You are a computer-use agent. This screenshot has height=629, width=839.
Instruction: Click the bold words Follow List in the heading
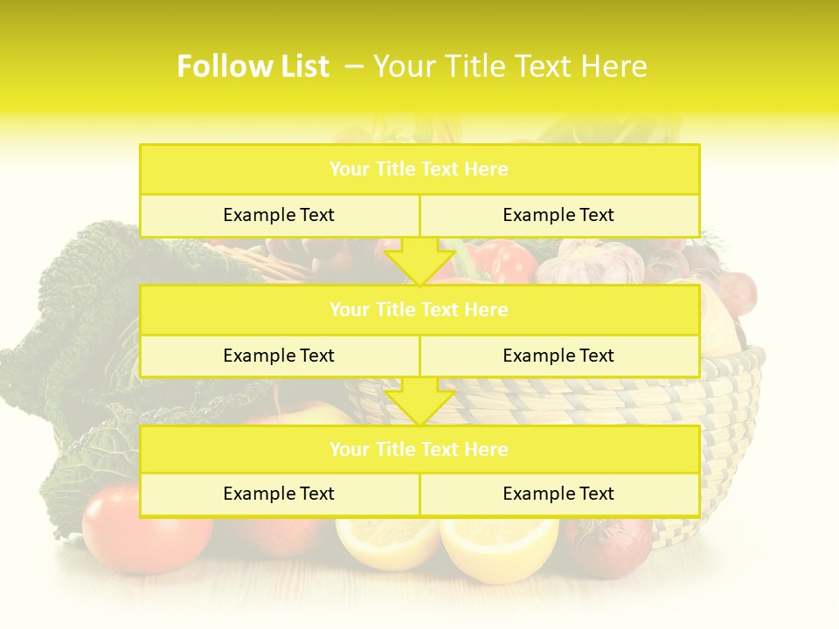(x=253, y=66)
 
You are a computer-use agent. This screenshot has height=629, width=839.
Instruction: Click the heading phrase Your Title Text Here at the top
(x=510, y=66)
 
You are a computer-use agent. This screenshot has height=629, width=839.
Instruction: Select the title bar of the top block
(x=419, y=169)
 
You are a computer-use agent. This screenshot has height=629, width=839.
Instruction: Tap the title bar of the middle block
(x=419, y=309)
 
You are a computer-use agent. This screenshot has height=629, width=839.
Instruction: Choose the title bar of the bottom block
(x=419, y=449)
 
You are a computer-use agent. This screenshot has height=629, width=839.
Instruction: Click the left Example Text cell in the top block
(x=279, y=215)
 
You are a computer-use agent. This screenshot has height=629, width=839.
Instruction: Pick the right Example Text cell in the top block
(x=558, y=215)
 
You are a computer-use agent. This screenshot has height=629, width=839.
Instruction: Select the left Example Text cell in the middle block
(x=279, y=356)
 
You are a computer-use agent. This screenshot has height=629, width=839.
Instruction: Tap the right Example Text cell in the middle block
(x=558, y=356)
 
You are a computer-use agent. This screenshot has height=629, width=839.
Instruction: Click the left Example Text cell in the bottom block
(x=279, y=494)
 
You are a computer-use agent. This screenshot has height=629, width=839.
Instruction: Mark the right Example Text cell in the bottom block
(x=558, y=494)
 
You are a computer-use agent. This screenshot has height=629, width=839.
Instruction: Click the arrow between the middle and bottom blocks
(x=419, y=401)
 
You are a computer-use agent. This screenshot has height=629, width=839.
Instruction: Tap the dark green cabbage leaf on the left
(x=79, y=332)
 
